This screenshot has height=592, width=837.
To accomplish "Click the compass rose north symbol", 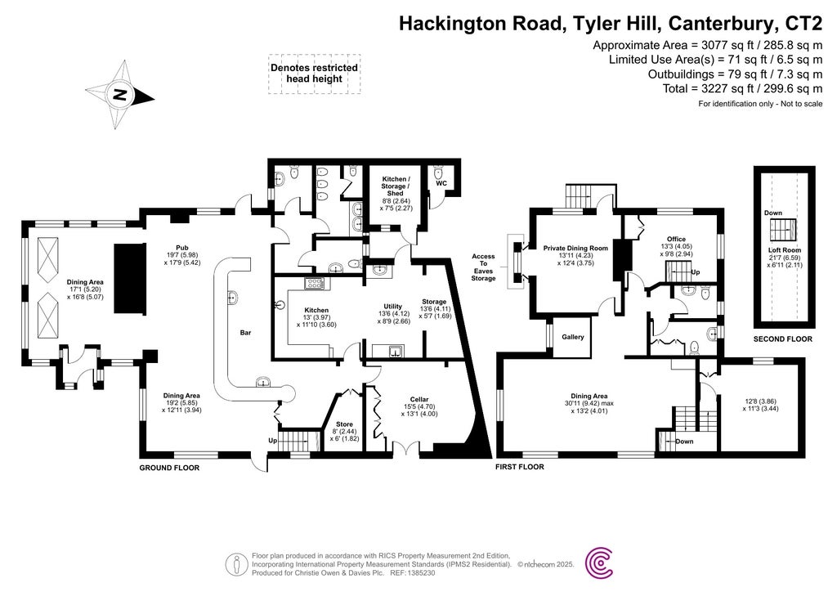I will point(120,94).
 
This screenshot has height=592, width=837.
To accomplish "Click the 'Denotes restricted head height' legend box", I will point(314,73).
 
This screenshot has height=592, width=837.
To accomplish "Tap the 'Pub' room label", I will point(182,246).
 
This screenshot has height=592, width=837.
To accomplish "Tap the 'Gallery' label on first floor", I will point(573,336).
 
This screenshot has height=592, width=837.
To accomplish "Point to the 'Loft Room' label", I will point(785,250).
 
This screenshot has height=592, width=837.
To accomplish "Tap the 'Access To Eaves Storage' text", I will point(483,267).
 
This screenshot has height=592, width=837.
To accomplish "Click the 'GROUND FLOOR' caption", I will point(169,469).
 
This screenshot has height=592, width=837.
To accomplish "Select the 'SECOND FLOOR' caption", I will point(783,338).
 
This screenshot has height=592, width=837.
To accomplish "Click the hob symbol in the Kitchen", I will point(315,284).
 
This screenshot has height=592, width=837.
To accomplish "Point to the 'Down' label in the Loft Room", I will point(772,213).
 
